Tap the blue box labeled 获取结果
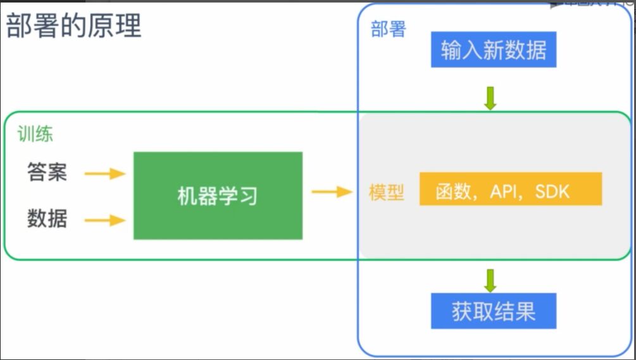click(494, 311)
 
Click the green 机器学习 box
click(218, 196)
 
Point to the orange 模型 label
click(387, 192)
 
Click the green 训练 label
click(35, 134)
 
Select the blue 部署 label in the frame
click(388, 29)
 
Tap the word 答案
click(47, 172)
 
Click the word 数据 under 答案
click(47, 219)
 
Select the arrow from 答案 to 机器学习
click(105, 173)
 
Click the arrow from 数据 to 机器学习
click(105, 220)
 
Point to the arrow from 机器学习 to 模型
click(332, 192)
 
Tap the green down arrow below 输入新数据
click(490, 98)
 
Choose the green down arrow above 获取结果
click(490, 279)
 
